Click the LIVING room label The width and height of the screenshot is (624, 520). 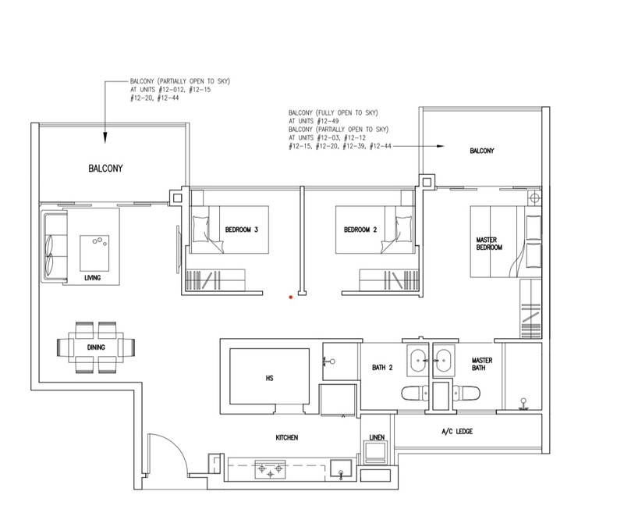point(92,278)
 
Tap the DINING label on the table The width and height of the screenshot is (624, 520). point(96,347)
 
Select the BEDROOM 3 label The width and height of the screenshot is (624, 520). point(242,230)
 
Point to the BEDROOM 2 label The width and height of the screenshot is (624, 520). point(360,230)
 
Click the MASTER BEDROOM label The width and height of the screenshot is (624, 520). point(489,244)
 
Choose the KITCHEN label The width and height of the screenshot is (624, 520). point(287,437)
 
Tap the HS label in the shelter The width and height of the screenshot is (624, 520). point(269,378)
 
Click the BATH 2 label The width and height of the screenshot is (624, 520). point(382,368)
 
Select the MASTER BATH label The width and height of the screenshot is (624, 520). point(482,364)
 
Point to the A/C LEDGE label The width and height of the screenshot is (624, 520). point(457,431)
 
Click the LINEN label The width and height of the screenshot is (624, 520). point(377,437)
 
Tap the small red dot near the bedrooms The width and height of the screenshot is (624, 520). point(291,297)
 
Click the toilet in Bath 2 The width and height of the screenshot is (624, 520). point(415,394)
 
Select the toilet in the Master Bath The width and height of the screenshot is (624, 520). point(466,394)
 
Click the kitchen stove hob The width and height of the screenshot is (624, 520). point(270,469)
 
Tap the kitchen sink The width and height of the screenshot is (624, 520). point(341,469)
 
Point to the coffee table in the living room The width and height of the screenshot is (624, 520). point(94,253)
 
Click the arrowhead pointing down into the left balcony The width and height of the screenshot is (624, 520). point(105,137)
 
